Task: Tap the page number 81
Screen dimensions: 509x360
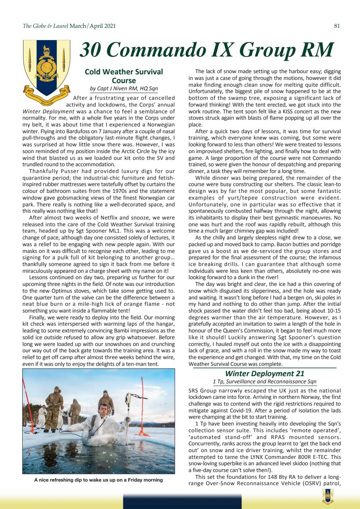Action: tap(337, 26)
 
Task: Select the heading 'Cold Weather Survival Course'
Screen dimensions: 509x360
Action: tap(124, 76)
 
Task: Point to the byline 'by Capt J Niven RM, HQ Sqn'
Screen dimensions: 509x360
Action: tap(124, 89)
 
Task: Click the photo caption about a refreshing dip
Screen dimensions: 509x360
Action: tap(98, 480)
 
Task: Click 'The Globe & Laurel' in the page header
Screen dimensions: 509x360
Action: tap(45, 26)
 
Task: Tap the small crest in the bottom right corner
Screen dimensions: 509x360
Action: tap(327, 495)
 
